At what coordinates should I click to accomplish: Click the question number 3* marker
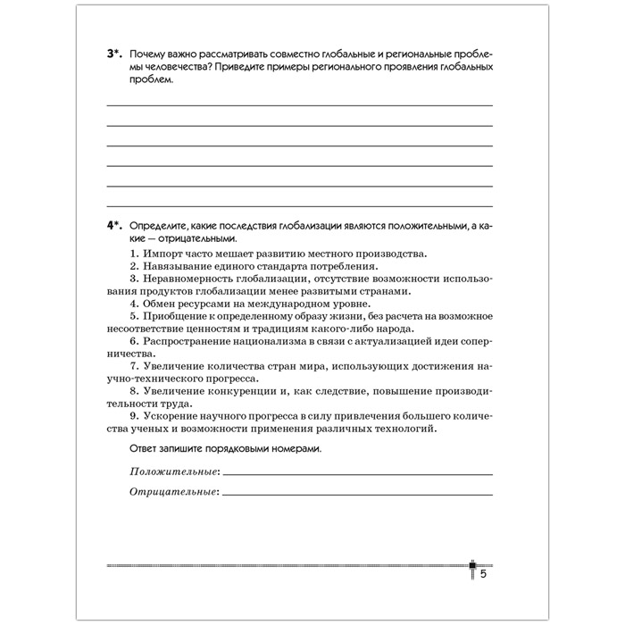(x=114, y=54)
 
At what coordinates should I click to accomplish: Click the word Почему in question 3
(x=149, y=54)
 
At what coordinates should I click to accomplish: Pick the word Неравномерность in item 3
(x=190, y=279)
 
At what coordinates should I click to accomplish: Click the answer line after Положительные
(x=357, y=474)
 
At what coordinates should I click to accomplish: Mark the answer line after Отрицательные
(x=357, y=495)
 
